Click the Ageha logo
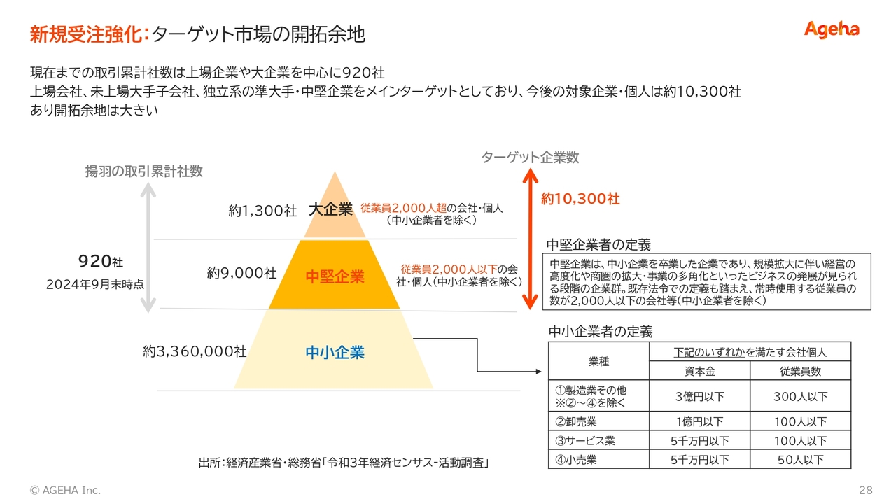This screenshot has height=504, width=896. click(831, 30)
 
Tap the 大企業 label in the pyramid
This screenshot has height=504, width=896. click(331, 209)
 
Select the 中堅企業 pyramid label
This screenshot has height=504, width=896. click(335, 276)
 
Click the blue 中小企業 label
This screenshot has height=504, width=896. click(335, 352)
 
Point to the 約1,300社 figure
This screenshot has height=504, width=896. click(262, 211)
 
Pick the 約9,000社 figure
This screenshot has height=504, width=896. click(241, 273)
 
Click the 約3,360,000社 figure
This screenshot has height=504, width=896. click(195, 351)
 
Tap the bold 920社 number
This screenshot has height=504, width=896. click(101, 262)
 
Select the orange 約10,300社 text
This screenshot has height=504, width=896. click(580, 199)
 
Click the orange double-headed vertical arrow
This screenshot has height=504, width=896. click(531, 239)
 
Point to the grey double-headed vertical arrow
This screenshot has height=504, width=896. click(148, 248)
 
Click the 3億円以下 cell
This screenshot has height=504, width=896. click(699, 396)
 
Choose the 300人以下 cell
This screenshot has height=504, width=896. click(800, 396)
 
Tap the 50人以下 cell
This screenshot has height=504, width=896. click(800, 460)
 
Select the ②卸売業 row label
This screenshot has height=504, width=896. click(576, 421)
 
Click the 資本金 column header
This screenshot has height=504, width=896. click(699, 372)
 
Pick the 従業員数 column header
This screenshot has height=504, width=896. click(800, 372)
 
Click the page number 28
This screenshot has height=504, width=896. click(866, 491)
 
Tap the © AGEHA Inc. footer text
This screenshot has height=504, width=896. click(65, 491)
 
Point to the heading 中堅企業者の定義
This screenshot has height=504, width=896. click(598, 244)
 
